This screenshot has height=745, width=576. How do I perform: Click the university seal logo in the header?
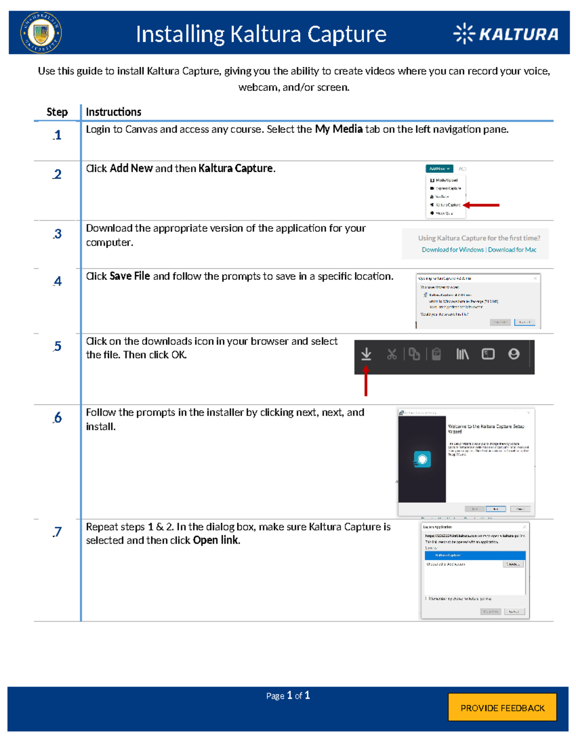click(41, 33)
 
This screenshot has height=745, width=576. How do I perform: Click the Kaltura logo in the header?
click(506, 34)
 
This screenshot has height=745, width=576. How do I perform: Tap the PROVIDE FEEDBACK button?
click(502, 708)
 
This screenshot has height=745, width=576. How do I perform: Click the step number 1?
click(58, 135)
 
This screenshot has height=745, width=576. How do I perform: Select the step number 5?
click(58, 346)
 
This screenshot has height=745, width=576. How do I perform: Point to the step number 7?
click(58, 532)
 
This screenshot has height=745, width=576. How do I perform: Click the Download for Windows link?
click(452, 249)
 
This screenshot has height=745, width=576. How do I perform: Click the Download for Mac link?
click(512, 249)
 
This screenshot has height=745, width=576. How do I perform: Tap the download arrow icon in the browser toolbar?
click(366, 354)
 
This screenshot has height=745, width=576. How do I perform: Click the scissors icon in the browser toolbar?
click(392, 354)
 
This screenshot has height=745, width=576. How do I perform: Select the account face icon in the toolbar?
click(514, 354)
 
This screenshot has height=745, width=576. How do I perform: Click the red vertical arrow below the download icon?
click(366, 381)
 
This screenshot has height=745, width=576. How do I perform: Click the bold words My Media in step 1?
click(338, 129)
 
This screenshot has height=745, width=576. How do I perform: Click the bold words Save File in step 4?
click(130, 276)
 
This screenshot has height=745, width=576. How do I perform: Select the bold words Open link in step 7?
click(216, 540)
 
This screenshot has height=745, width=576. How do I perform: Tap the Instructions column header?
click(113, 112)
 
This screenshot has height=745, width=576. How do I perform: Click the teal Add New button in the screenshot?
click(439, 169)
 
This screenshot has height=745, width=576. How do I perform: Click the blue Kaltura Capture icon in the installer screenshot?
click(422, 459)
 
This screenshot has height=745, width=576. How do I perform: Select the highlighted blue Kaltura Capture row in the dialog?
click(475, 555)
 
